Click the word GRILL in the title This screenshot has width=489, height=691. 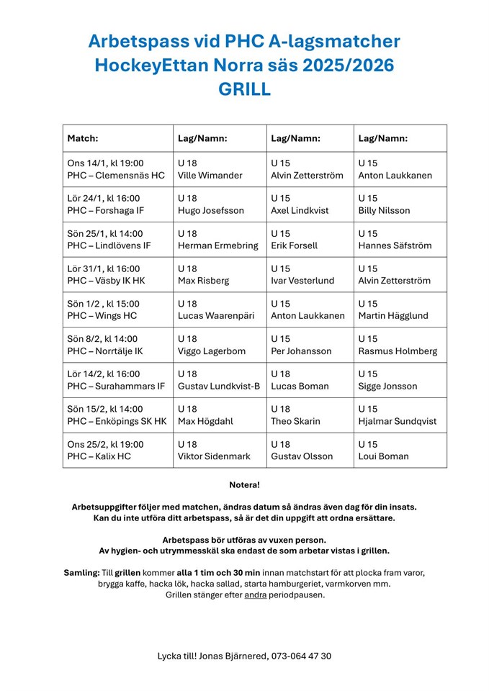point(244,89)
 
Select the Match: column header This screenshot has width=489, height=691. point(83,138)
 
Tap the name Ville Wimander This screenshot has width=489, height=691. point(210,176)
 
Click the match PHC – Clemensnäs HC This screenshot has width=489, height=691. point(116,176)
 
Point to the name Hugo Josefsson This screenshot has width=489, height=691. point(210,211)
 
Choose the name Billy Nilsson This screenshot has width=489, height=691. point(384,211)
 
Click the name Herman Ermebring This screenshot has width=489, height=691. point(217,246)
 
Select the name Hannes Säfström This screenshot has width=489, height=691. point(395,246)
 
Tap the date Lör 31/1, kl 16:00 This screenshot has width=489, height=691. point(104,268)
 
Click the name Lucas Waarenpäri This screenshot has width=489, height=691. point(215,316)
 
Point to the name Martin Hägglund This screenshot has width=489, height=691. point(392,316)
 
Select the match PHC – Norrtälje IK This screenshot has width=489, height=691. point(105,351)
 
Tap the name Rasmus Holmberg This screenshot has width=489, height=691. point(397,351)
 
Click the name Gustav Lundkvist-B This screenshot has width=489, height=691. point(218,387)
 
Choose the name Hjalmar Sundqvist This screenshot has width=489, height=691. point(397,422)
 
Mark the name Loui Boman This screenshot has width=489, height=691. point(383,457)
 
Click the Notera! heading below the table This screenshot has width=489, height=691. point(244,485)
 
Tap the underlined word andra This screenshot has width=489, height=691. point(255,595)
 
